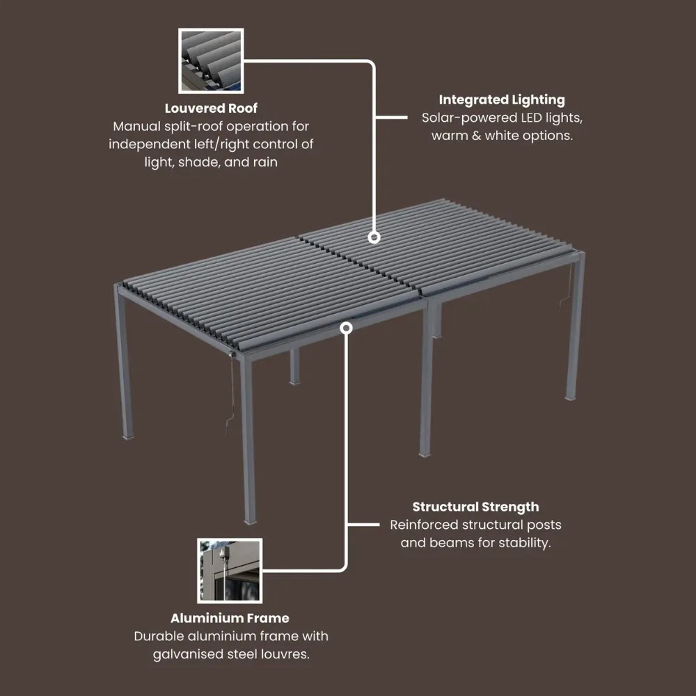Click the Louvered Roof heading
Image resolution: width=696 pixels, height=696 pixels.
[211, 109]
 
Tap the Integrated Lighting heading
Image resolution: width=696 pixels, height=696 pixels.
[502, 100]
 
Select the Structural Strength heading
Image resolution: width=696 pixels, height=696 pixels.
[475, 507]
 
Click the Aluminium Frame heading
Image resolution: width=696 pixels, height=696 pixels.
[230, 618]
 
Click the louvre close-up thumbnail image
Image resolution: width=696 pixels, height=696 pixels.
[211, 61]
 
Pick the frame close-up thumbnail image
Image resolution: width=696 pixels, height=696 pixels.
[230, 571]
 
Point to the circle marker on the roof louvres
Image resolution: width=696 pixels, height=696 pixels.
[374, 237]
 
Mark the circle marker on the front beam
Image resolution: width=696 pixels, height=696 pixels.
[346, 328]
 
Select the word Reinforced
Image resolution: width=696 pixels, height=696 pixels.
[424, 525]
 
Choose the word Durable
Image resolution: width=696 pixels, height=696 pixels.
[159, 636]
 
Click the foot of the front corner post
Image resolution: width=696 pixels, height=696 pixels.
[251, 520]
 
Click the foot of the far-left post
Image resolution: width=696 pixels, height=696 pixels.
[128, 436]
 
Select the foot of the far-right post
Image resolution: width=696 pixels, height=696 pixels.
[571, 398]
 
